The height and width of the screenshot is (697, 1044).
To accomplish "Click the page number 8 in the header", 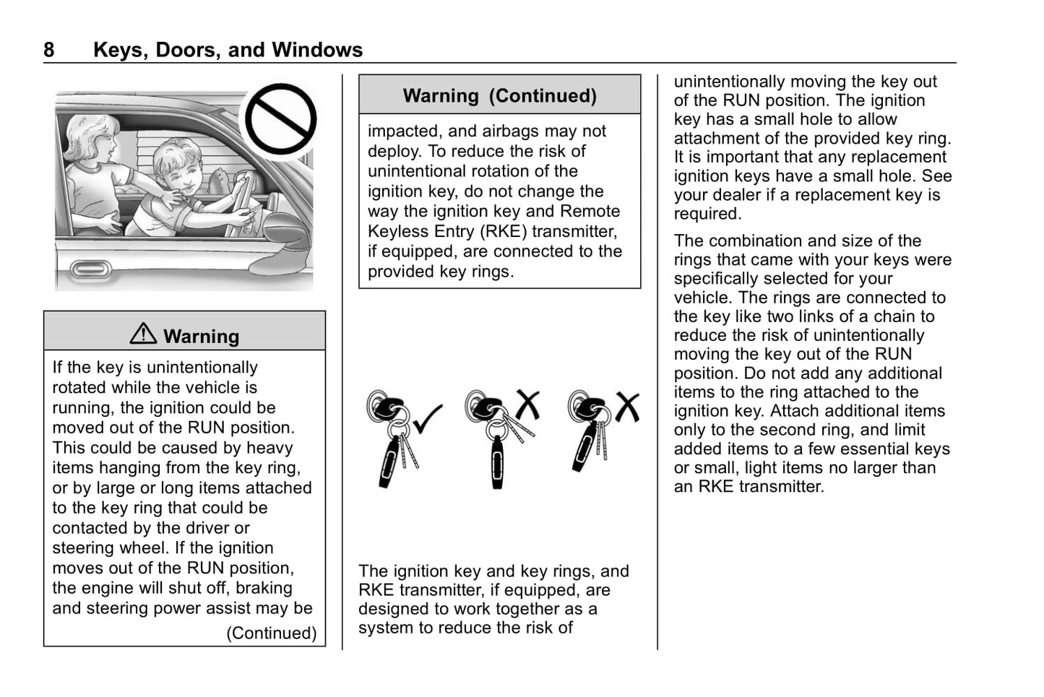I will [49, 50].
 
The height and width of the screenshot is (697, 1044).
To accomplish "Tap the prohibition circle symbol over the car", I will [280, 120].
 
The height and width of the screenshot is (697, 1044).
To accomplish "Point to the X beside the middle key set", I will [527, 404].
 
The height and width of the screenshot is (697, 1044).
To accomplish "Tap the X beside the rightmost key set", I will [626, 407].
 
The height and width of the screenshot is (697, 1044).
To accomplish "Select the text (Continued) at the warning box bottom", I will [272, 633].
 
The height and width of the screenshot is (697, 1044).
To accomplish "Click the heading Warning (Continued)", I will [499, 96].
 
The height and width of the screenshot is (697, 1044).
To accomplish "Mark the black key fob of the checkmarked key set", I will [389, 461].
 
